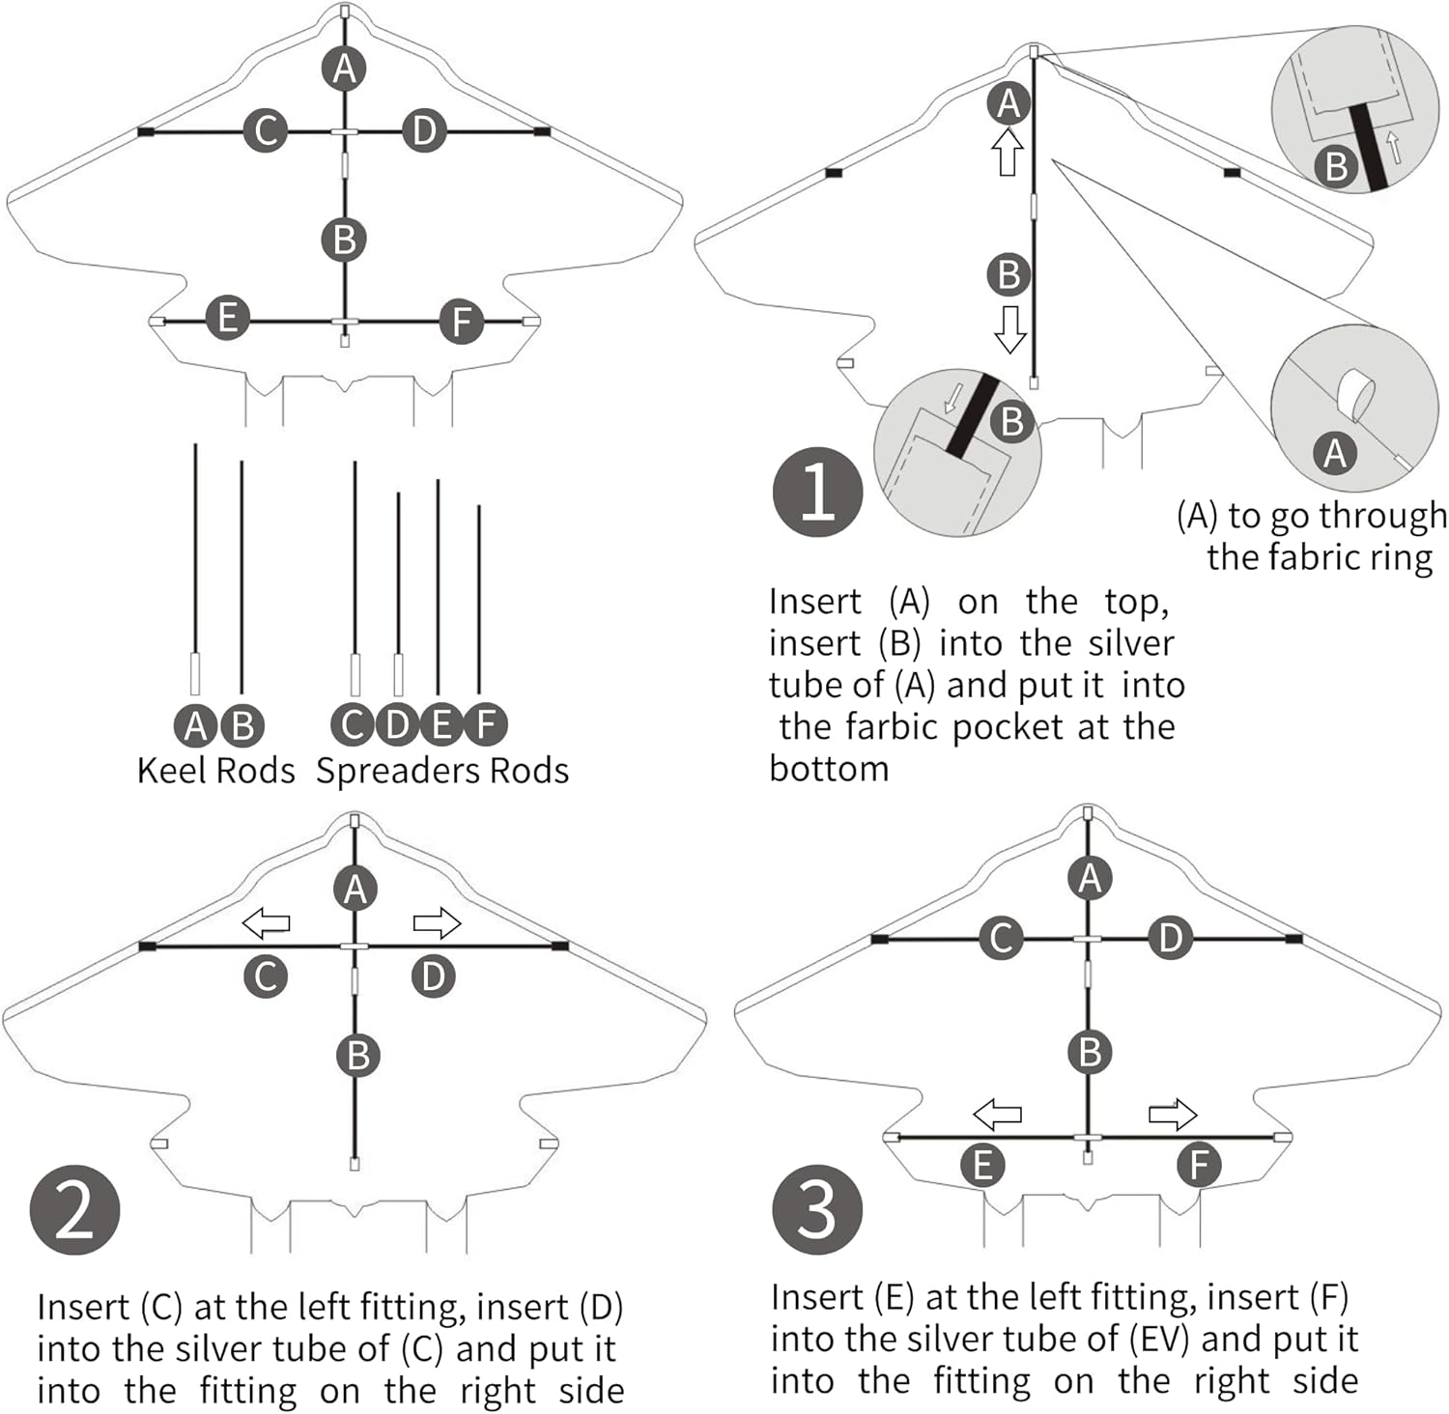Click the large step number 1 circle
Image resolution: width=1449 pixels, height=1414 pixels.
tap(817, 493)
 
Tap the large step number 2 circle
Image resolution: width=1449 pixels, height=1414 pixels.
tap(75, 1209)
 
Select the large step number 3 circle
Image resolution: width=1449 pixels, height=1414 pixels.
tap(817, 1209)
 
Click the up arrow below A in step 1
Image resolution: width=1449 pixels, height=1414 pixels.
tap(1009, 153)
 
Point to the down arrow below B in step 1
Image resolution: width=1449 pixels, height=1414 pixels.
tap(1009, 329)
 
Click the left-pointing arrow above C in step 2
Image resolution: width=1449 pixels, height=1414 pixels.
tap(266, 922)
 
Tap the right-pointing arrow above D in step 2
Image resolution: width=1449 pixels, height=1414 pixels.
tap(437, 922)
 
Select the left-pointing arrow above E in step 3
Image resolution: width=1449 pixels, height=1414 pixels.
tap(997, 1114)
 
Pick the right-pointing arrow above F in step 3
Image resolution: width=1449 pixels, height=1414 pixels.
tap(1173, 1115)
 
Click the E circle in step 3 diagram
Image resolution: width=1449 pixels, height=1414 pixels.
tap(983, 1165)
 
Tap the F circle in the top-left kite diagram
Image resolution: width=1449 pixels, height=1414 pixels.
tap(461, 321)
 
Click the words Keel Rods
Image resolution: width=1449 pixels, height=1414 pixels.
tap(215, 771)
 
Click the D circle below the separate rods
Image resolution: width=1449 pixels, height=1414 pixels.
tap(397, 724)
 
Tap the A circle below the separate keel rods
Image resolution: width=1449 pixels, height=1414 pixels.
tap(195, 724)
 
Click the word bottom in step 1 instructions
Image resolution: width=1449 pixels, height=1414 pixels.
tap(829, 769)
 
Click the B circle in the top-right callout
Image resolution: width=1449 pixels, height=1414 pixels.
tap(1336, 166)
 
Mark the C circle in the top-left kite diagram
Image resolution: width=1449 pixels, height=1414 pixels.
tap(266, 129)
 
